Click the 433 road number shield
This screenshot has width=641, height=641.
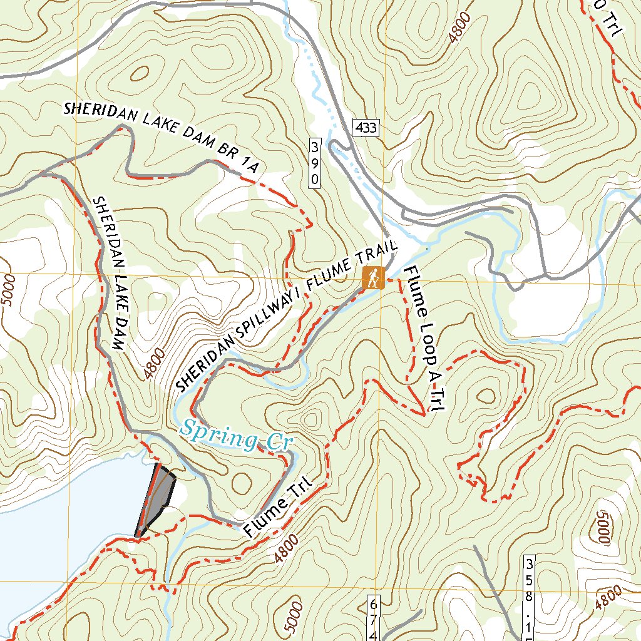[x=365, y=128]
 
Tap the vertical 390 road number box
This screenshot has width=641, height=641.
[x=315, y=163]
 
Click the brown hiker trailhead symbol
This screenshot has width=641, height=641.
[x=373, y=278]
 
